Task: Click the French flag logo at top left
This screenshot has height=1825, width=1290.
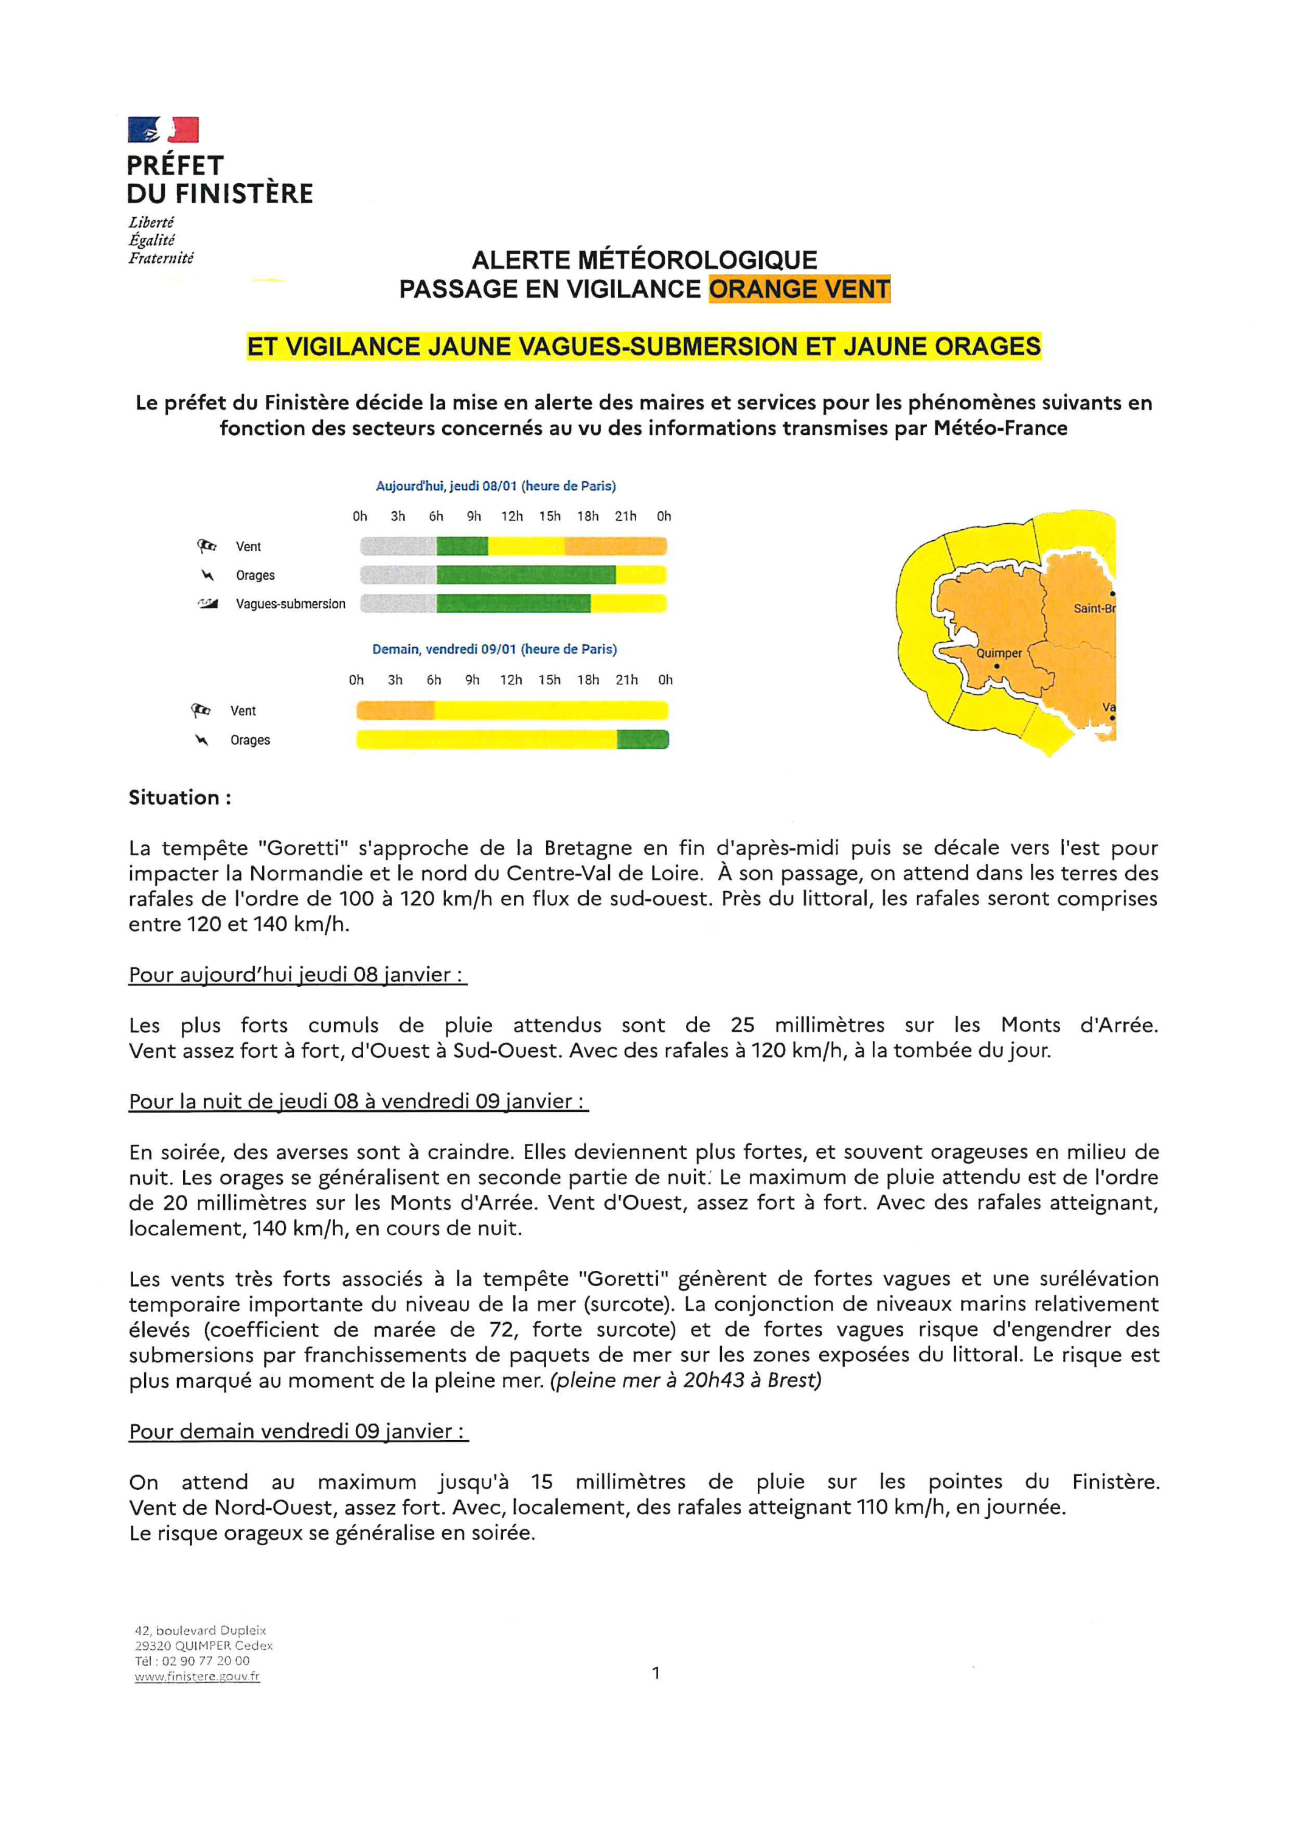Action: point(163,130)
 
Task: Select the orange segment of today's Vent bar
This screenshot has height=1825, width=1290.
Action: point(615,546)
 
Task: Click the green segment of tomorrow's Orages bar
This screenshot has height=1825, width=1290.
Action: point(642,740)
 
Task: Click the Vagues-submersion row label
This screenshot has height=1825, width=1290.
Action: point(290,604)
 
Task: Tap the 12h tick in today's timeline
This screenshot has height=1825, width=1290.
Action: point(512,516)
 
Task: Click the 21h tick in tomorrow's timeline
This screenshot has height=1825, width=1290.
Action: point(626,680)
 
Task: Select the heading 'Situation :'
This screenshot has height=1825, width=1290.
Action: point(179,798)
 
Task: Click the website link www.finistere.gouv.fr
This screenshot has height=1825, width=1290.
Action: point(197,1677)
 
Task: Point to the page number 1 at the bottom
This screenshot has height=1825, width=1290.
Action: point(656,1673)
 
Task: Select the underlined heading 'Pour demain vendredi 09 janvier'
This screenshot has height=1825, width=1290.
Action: point(298,1431)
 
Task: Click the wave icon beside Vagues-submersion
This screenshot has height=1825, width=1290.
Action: point(207,604)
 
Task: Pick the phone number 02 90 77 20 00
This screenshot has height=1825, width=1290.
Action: point(205,1661)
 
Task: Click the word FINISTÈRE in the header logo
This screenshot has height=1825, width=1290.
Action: point(244,193)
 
